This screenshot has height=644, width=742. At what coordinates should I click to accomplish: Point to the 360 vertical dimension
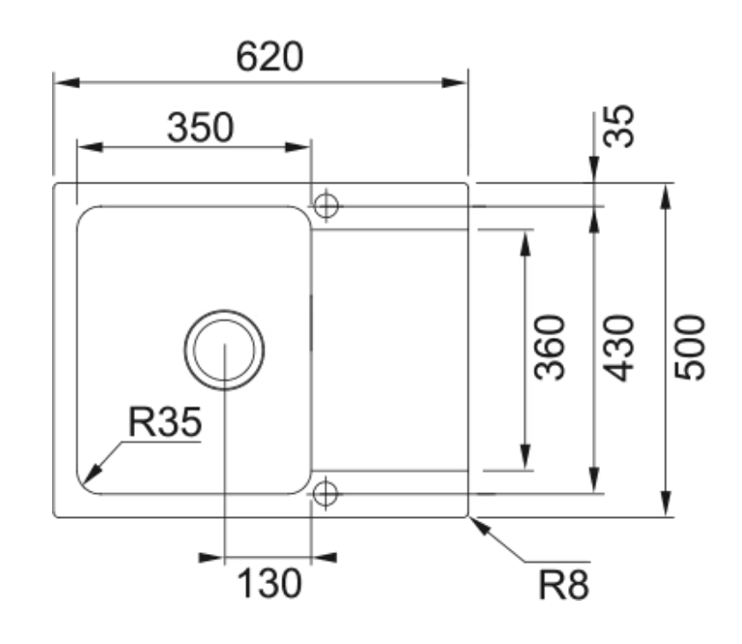click(550, 347)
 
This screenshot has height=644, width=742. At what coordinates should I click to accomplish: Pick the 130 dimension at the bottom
click(269, 583)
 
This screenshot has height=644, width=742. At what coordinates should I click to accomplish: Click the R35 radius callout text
click(165, 423)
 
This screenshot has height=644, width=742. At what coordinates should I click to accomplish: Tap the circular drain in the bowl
click(224, 349)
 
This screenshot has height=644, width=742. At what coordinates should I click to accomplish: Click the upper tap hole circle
click(326, 205)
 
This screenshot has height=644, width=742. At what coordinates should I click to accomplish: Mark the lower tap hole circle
click(326, 492)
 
